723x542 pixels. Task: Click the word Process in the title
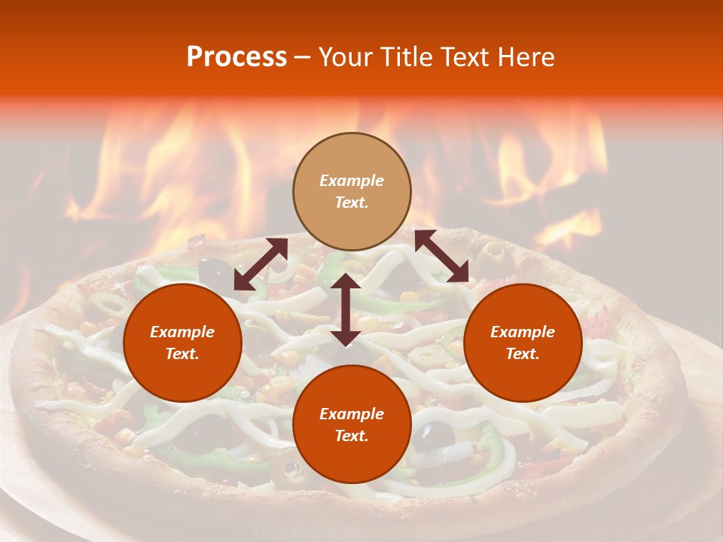tap(236, 57)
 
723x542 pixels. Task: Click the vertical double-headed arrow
tap(346, 309)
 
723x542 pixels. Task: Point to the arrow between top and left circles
tap(261, 264)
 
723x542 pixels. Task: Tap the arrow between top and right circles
tap(441, 257)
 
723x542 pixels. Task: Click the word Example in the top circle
tap(352, 181)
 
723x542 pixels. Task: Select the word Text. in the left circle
tap(182, 354)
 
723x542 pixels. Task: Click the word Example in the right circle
tap(523, 332)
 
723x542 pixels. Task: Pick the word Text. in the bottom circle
tap(352, 436)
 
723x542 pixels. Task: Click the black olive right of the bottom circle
tap(435, 434)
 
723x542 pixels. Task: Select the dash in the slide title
tap(303, 58)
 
